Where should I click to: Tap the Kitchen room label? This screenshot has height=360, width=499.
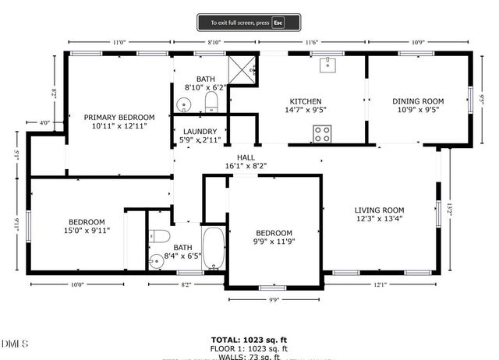click(x=306, y=101)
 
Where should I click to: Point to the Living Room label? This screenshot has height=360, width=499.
click(x=379, y=210)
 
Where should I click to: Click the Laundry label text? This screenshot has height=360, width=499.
click(x=200, y=132)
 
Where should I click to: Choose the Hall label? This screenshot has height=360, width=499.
click(x=246, y=157)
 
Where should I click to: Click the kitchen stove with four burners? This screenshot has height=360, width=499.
click(x=321, y=134)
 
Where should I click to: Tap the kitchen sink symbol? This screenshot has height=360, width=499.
click(x=327, y=64)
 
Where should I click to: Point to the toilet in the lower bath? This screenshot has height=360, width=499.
click(x=160, y=237)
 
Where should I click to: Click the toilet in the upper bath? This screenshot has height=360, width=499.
click(x=211, y=102)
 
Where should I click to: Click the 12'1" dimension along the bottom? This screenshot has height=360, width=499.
click(x=380, y=285)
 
